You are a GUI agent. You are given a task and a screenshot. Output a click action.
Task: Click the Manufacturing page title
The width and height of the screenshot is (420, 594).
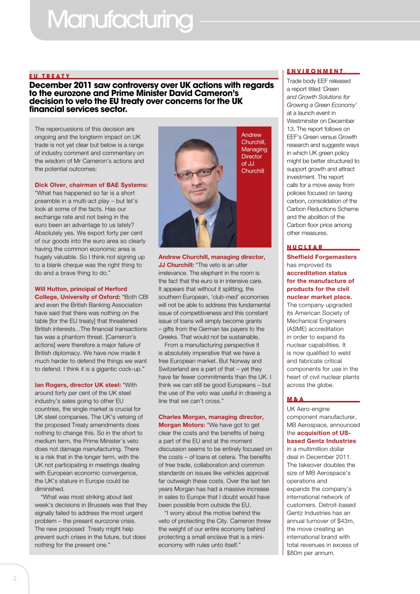point(119,19)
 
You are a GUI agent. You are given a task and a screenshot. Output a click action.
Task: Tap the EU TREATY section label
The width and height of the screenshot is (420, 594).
point(50,76)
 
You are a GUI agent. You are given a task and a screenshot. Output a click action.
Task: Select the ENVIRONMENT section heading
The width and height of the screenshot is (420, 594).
point(315,71)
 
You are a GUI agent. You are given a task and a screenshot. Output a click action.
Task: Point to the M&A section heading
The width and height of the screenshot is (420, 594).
point(295,399)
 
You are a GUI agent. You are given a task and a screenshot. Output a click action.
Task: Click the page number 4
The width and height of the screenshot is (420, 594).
point(14,579)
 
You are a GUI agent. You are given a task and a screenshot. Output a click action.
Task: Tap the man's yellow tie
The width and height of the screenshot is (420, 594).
point(203,231)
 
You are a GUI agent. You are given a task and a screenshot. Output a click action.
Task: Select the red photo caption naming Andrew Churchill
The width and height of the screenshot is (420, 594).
point(254,153)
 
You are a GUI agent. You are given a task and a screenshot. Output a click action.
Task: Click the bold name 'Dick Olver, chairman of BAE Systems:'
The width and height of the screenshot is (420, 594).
point(91,185)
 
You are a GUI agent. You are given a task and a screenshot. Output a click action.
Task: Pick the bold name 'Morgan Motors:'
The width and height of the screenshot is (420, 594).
point(181,425)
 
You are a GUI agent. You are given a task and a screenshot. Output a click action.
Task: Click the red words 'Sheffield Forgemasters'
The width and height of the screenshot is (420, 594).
point(322,257)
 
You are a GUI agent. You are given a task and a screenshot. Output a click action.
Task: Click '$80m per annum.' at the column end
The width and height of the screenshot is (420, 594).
point(310,553)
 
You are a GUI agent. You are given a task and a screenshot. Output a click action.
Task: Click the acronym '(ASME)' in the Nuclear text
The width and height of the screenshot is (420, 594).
point(297,329)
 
